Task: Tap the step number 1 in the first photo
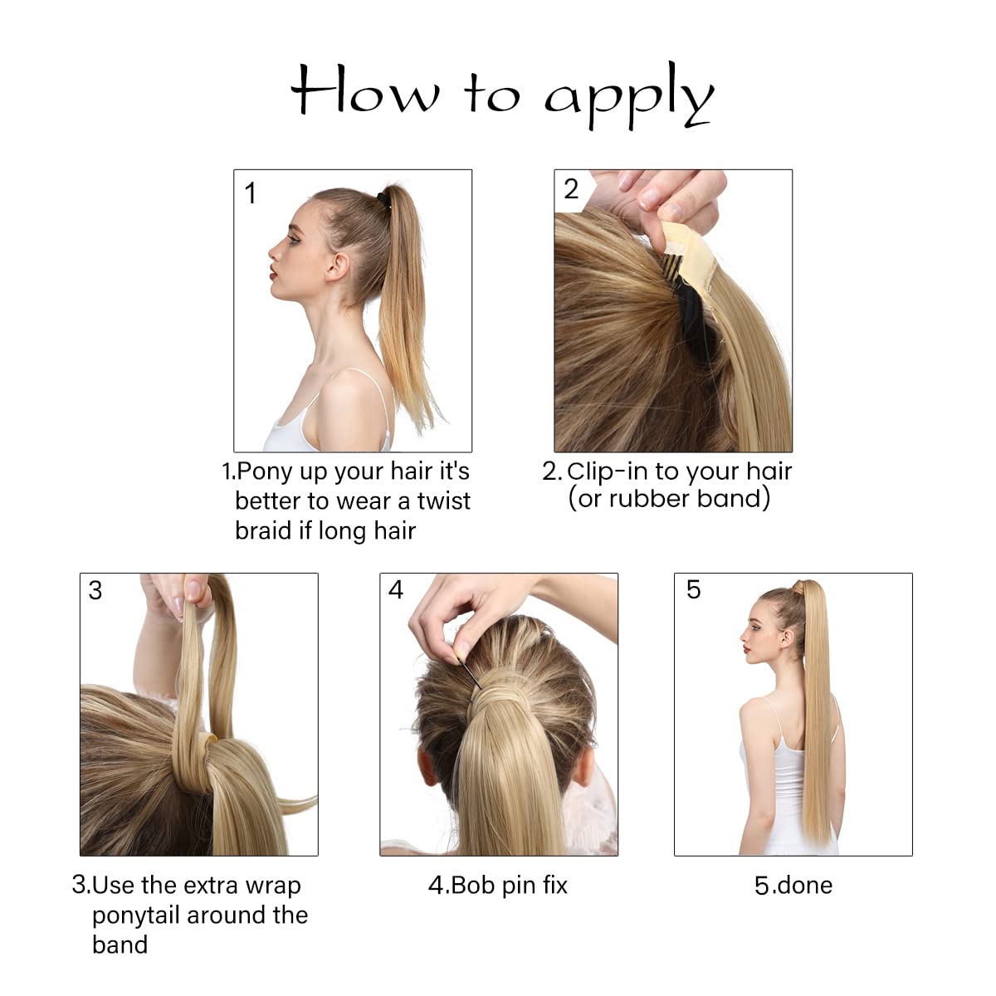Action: point(251,194)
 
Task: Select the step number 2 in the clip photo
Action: point(571,189)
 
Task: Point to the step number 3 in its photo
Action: point(95,590)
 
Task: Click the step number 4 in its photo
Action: point(396,590)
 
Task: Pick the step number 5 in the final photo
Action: point(694,590)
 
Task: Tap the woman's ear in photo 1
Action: point(339,267)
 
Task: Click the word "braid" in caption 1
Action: point(263,531)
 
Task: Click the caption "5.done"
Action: point(793,886)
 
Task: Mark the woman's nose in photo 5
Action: point(743,638)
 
